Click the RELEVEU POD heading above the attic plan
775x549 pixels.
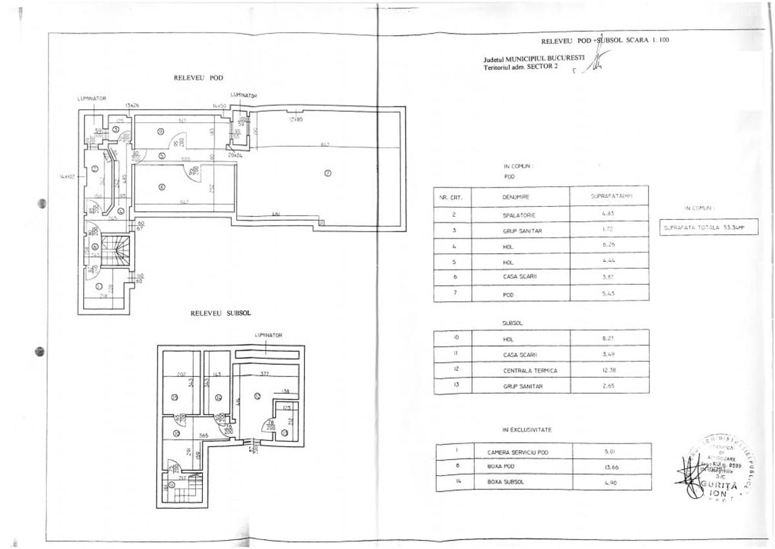pos(198,78)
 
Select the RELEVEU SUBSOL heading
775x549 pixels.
pos(220,313)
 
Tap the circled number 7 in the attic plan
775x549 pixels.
pos(327,173)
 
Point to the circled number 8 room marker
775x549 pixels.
pos(162,188)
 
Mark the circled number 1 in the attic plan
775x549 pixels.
pos(98,286)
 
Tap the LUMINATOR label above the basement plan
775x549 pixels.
pos(268,336)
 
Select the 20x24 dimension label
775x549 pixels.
pos(234,155)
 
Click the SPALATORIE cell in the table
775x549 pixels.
pos(519,215)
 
